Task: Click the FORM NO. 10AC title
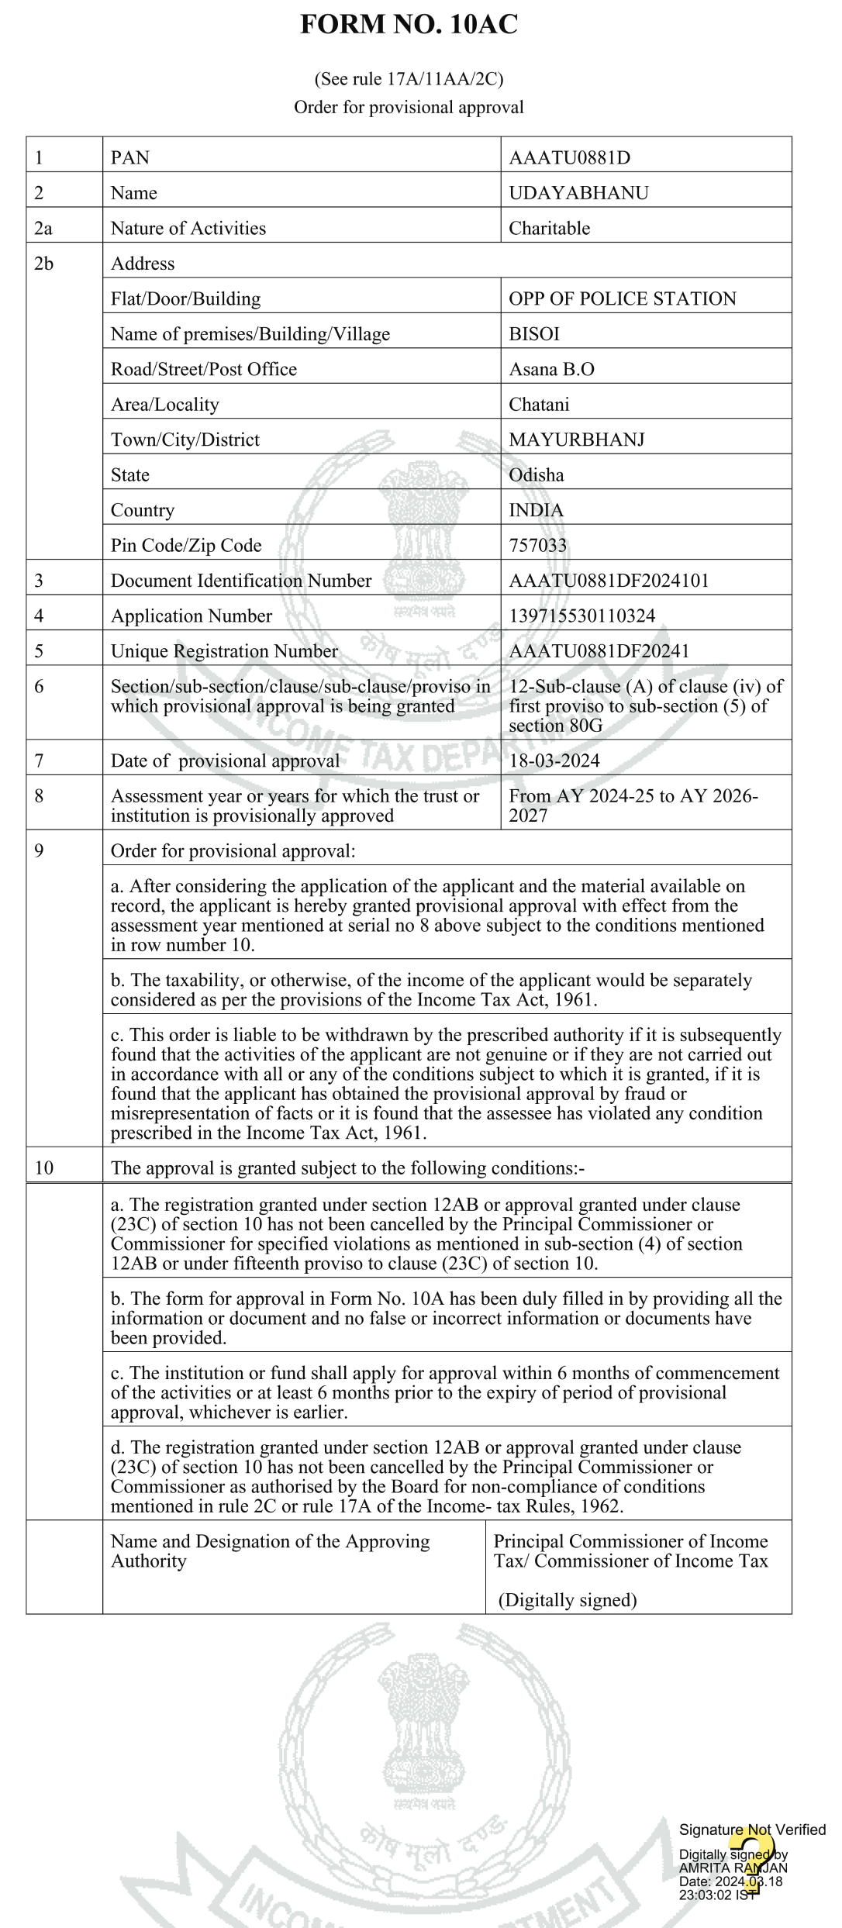(x=409, y=25)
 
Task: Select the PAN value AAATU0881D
(x=569, y=158)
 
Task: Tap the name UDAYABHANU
(x=578, y=193)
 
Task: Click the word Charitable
(x=549, y=229)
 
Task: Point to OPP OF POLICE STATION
(x=622, y=299)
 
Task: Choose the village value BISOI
(x=533, y=334)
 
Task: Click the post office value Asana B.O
(x=551, y=369)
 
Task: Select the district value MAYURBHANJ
(x=576, y=440)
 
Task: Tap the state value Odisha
(x=536, y=475)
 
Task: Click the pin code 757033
(x=537, y=546)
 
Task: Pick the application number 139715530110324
(x=581, y=616)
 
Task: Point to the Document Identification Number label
(x=241, y=581)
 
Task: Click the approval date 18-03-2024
(x=554, y=761)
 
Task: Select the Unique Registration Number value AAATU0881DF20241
(x=599, y=651)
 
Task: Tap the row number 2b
(x=43, y=264)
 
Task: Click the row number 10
(x=43, y=1168)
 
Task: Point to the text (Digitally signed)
(x=567, y=1600)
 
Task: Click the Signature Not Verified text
(x=752, y=1830)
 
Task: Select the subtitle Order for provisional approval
(x=409, y=107)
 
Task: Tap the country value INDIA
(x=536, y=510)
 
